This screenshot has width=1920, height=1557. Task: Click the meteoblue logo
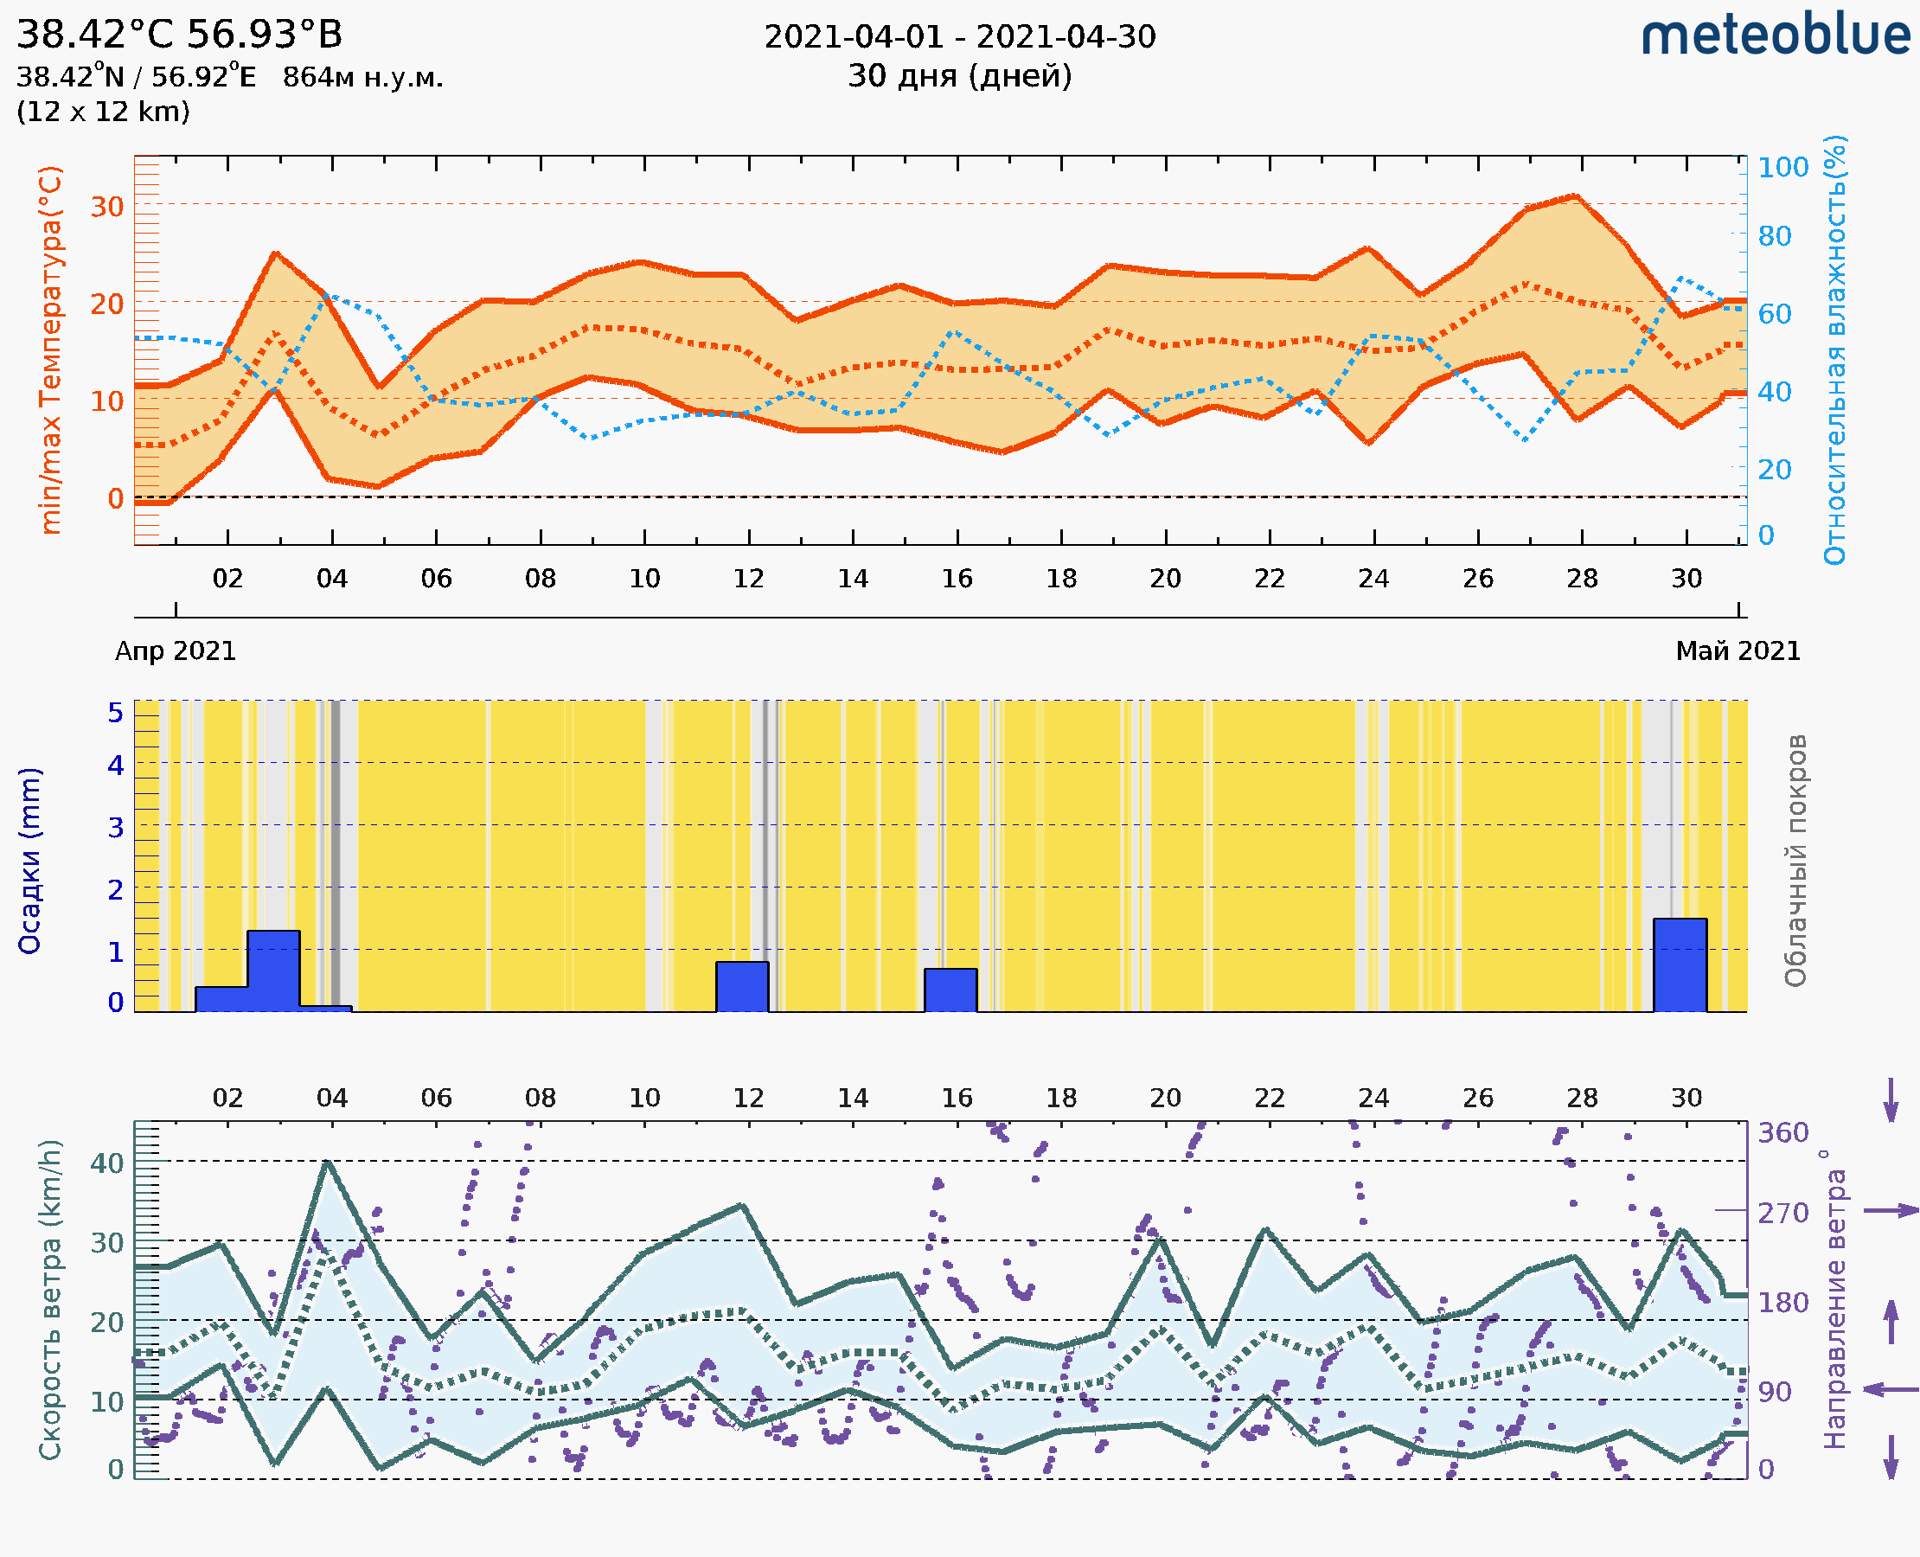(1775, 35)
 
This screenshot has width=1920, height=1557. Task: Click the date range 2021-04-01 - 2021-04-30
(959, 37)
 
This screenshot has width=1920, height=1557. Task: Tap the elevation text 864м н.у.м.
(362, 77)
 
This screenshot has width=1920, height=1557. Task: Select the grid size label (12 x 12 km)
(103, 112)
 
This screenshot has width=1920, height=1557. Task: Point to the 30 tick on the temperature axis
(106, 206)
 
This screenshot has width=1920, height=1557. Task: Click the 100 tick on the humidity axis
(1782, 167)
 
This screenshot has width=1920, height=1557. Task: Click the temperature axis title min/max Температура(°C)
(51, 349)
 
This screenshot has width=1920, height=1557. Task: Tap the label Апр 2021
(176, 650)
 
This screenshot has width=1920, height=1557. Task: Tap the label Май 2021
(1738, 650)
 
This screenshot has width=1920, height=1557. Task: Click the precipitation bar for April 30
(1680, 965)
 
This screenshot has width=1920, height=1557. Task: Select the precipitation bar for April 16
(950, 990)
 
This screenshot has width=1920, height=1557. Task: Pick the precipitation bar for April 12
(742, 987)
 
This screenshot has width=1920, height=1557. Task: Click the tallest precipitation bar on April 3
(273, 971)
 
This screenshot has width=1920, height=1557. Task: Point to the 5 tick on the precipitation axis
(116, 713)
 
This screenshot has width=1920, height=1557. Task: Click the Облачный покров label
(1795, 861)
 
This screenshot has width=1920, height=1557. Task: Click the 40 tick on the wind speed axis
(106, 1163)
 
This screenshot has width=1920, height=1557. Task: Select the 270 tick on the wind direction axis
(1782, 1213)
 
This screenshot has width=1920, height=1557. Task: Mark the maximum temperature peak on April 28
(1575, 195)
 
